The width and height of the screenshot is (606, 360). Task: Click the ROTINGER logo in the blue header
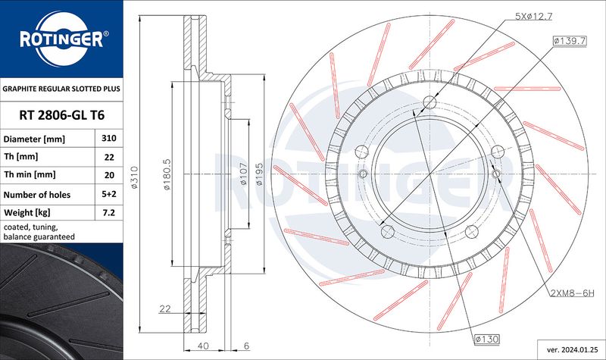point(62,39)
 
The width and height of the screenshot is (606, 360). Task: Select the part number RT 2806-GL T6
point(62,115)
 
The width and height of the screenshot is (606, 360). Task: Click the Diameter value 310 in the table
point(109,138)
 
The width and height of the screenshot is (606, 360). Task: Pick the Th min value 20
point(109,175)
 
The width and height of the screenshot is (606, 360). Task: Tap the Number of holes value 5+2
point(109,194)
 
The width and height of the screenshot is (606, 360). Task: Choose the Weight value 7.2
point(109,212)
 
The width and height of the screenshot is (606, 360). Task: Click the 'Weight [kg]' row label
point(27,212)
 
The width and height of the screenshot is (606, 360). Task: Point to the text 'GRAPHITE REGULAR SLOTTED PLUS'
point(61,89)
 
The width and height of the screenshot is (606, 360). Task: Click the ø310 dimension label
point(134,177)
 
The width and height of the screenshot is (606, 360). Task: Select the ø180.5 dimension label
point(167,174)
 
